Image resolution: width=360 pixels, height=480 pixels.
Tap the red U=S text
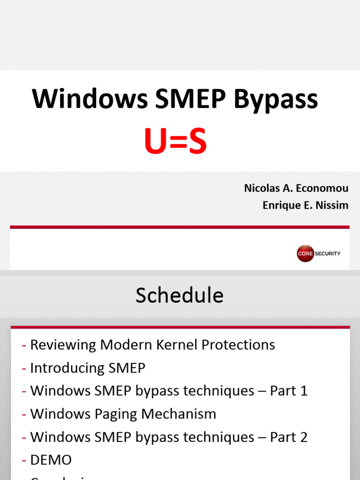pos(175,143)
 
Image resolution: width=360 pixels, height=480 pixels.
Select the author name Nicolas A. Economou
pos(296,188)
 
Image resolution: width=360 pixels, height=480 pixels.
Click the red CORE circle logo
pos(305,254)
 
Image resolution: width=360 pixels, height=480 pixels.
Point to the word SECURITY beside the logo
pos(328,254)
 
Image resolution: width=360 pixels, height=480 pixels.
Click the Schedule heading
pos(180,295)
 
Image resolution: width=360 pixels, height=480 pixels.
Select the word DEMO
pos(51,460)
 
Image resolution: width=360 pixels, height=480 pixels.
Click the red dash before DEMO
pos(24,460)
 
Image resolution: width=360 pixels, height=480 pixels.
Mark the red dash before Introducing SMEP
pos(24,368)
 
